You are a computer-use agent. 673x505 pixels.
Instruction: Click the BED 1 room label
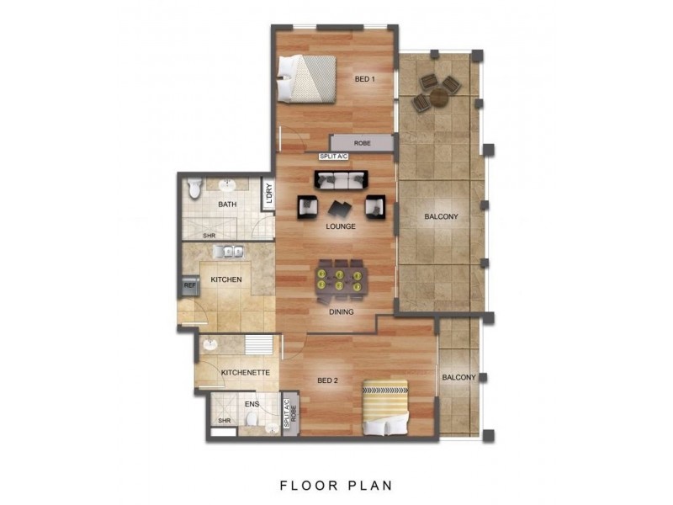click(363, 79)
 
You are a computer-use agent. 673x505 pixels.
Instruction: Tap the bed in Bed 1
click(309, 77)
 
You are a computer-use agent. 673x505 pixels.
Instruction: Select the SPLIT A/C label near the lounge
click(332, 156)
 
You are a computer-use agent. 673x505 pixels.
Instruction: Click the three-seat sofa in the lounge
click(341, 179)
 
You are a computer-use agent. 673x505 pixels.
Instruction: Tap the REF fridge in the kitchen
click(190, 286)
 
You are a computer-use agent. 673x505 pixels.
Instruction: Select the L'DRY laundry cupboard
click(268, 194)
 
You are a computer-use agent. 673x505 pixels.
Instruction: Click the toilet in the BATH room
click(194, 189)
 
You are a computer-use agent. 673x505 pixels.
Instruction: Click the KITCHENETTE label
click(244, 371)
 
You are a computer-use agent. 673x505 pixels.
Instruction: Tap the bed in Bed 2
click(385, 407)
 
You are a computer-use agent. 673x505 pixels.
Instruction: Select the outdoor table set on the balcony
click(436, 91)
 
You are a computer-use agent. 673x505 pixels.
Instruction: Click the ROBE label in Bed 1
click(362, 143)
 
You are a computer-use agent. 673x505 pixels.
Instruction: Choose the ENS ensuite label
click(251, 404)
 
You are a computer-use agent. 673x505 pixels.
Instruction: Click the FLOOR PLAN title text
click(335, 485)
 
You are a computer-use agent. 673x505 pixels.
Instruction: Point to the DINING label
click(341, 312)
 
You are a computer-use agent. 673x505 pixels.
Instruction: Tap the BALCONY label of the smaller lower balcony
click(459, 378)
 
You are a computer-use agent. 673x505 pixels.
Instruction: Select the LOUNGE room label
click(341, 226)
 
